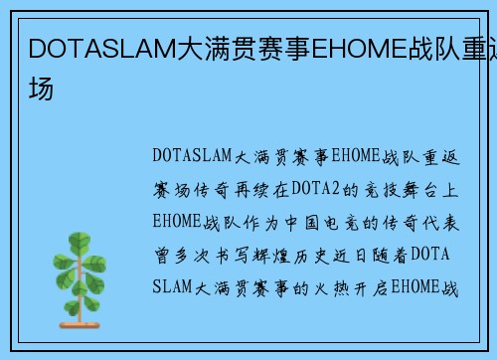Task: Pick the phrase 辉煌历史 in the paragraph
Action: click(x=297, y=255)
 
